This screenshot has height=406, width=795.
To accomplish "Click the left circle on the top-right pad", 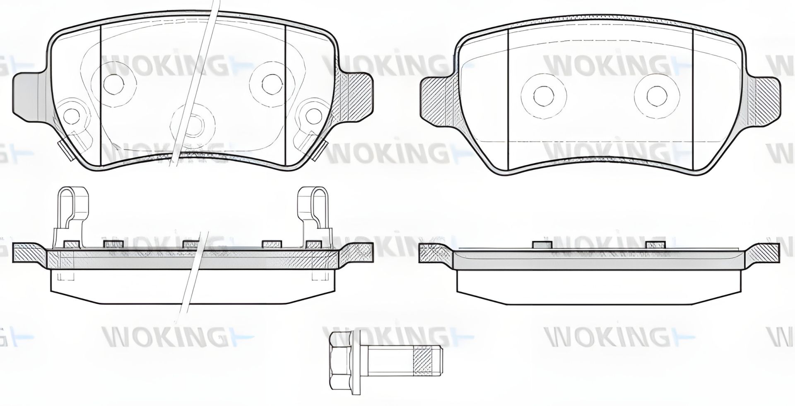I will click(x=543, y=95).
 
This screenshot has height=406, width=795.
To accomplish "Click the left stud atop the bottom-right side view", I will click(x=542, y=245).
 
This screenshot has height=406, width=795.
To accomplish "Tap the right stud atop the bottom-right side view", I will click(x=655, y=245).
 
